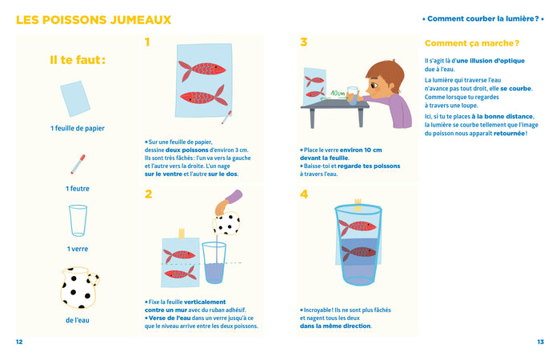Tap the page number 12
click(x=19, y=342)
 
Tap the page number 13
click(x=540, y=342)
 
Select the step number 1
click(x=148, y=42)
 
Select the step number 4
click(x=304, y=194)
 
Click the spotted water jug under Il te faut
click(x=78, y=289)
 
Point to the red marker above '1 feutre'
click(x=78, y=165)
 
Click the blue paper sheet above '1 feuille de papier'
click(x=77, y=101)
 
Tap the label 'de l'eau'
click(x=78, y=321)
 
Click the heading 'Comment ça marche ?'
click(x=472, y=43)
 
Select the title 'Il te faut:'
click(x=78, y=60)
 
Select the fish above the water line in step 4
click(x=357, y=226)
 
